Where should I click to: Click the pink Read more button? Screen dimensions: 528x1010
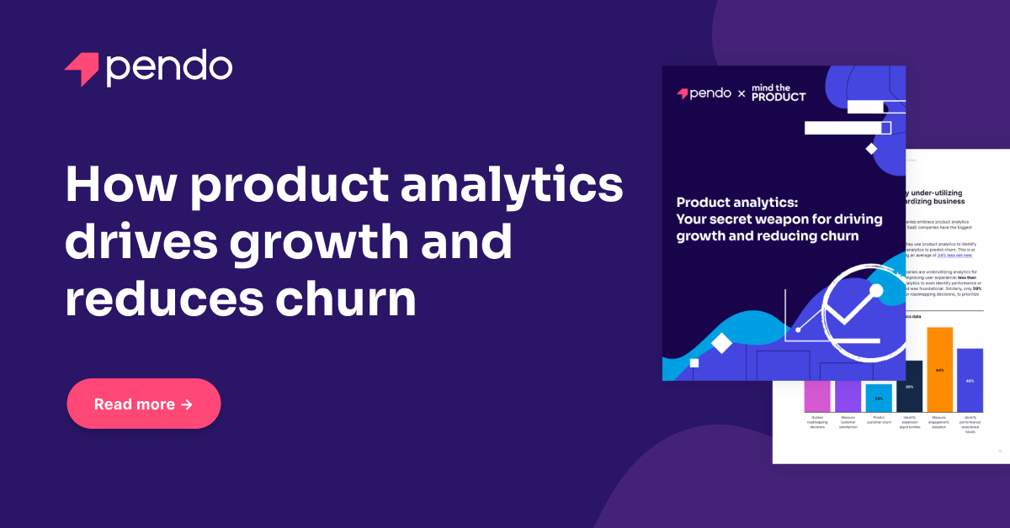tap(143, 404)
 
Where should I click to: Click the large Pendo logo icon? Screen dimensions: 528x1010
tap(81, 69)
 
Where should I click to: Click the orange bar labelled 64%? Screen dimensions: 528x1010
tap(939, 369)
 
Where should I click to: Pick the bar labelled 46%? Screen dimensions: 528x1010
tap(970, 380)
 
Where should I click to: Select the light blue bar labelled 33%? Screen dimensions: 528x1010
tap(879, 398)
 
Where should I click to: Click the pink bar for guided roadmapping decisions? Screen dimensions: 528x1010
tap(817, 396)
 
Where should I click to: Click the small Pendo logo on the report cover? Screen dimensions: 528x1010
tap(704, 93)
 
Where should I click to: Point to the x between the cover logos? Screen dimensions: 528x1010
tap(742, 94)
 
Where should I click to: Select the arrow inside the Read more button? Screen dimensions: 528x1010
tap(187, 404)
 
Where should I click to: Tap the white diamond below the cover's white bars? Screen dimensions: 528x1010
tap(871, 149)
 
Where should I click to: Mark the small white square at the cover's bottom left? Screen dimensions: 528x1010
tap(694, 363)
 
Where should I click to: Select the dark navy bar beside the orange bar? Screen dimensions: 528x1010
tap(909, 386)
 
